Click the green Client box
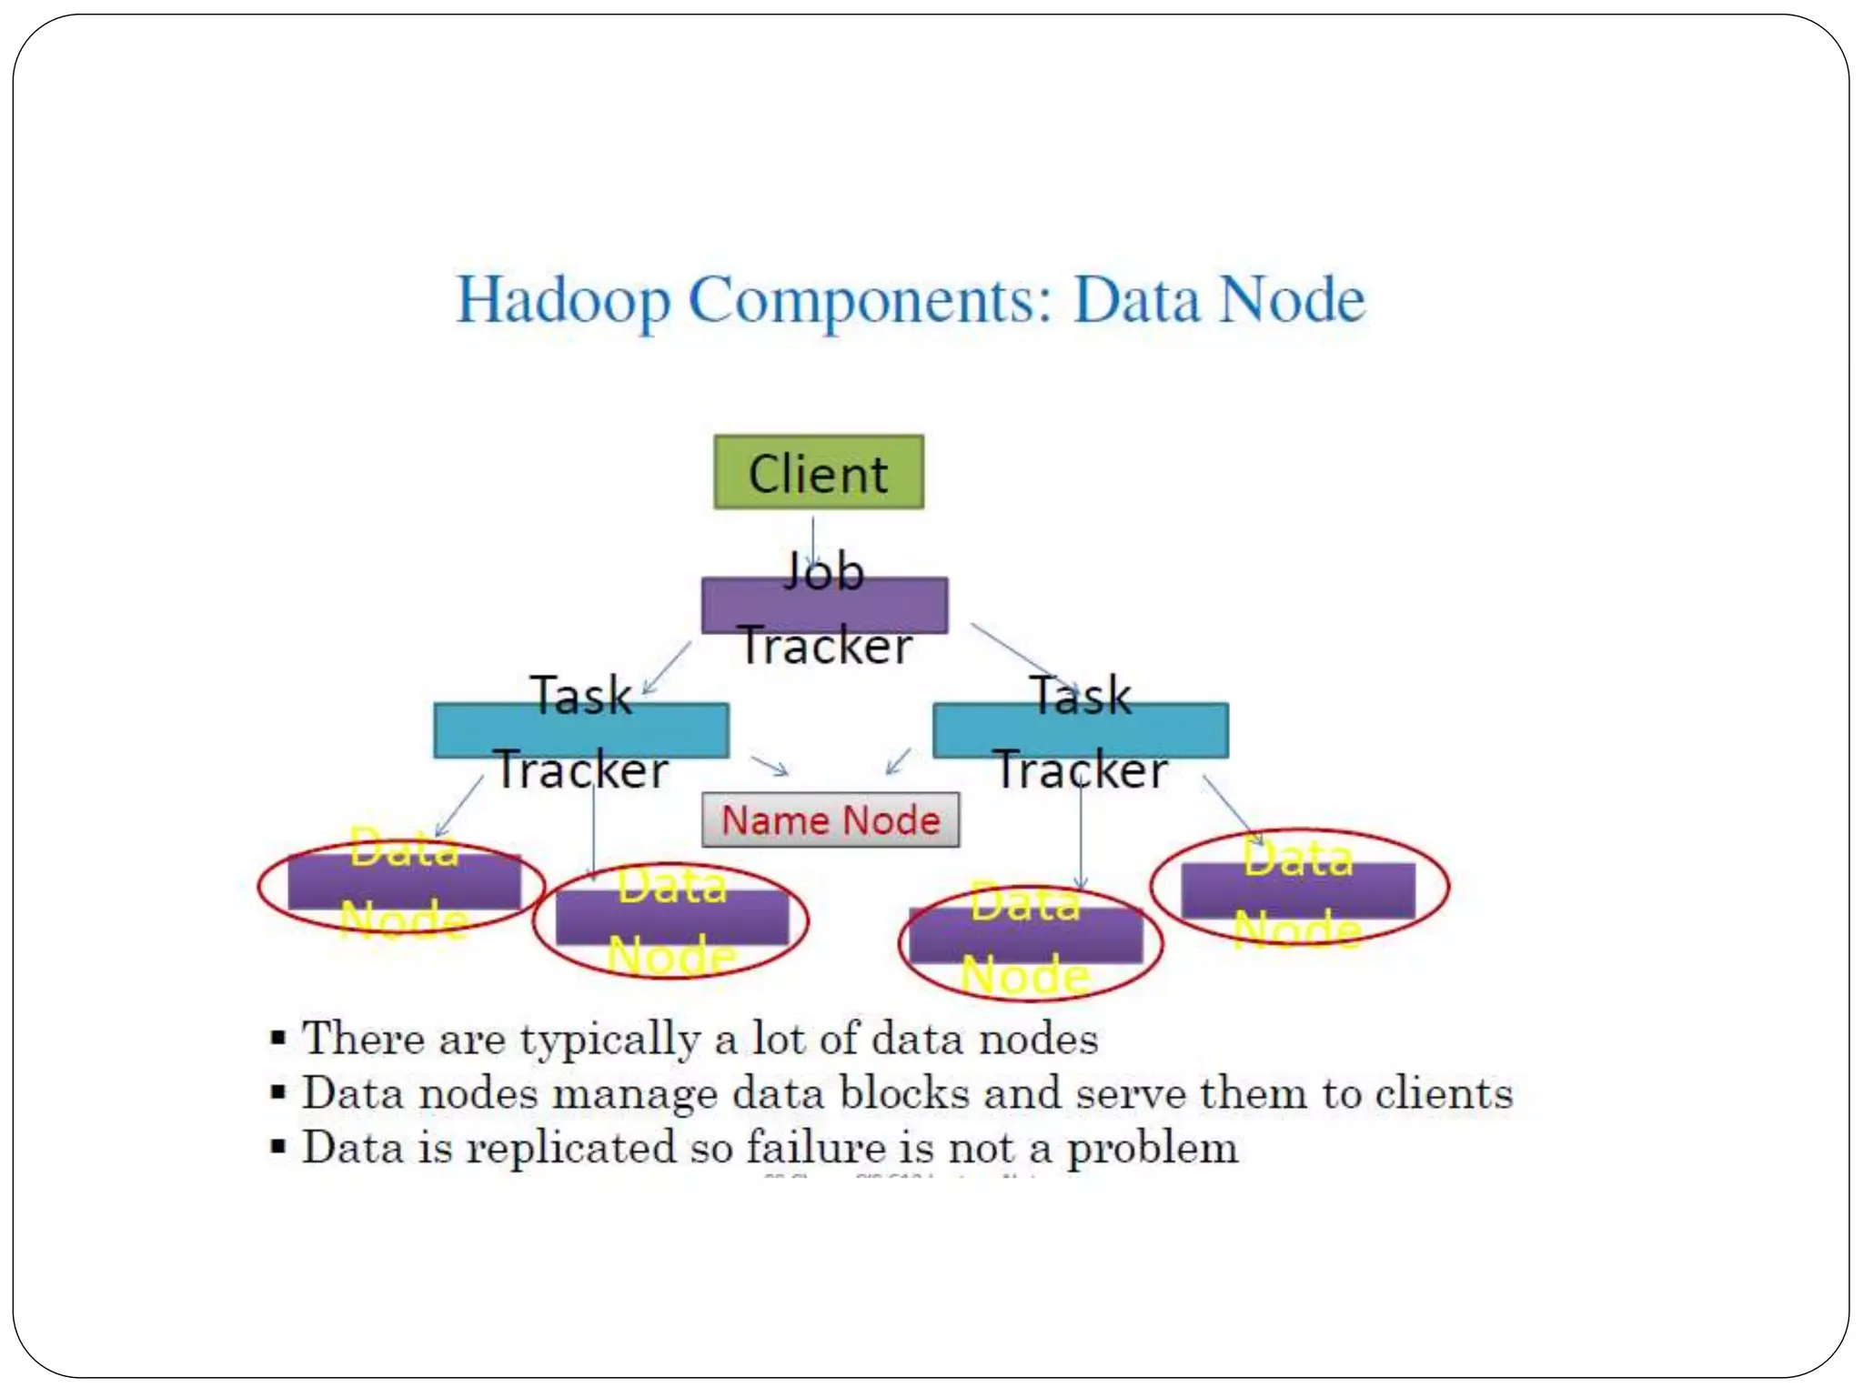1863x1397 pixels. (819, 472)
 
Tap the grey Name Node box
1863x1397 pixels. (830, 820)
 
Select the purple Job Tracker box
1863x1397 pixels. (824, 606)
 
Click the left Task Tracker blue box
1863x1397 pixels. (580, 730)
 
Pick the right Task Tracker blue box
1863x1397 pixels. (1081, 730)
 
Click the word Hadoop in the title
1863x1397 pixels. (563, 301)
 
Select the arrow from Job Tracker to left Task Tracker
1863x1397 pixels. (666, 668)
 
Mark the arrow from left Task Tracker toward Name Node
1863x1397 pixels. (770, 766)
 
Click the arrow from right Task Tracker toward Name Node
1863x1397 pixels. (899, 760)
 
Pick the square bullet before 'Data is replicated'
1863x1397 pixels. (278, 1146)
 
